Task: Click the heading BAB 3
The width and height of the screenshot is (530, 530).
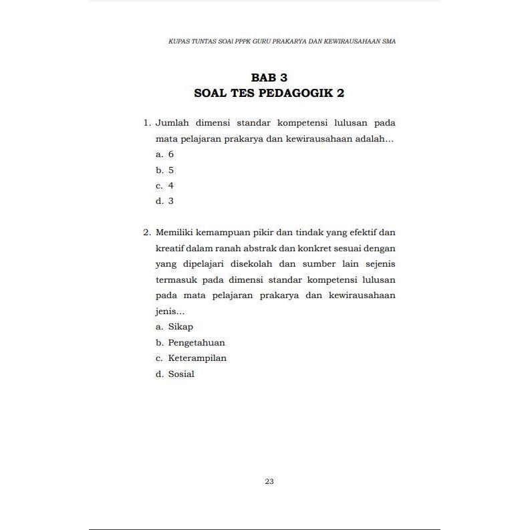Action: coord(269,78)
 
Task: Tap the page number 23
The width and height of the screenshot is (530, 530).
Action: coord(269,481)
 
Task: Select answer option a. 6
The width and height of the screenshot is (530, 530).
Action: coord(164,154)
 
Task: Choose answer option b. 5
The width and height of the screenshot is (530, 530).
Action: coord(164,170)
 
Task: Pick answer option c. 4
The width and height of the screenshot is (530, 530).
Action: coord(164,185)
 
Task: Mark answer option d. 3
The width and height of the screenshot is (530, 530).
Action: coord(164,201)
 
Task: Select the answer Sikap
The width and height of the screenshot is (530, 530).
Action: coord(180,327)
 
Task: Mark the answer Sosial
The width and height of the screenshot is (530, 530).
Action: coord(181,374)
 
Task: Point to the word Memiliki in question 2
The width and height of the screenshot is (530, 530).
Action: coord(176,233)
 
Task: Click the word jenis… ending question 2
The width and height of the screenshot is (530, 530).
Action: coord(170,311)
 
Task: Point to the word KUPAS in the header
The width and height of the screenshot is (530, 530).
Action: coord(177,41)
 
